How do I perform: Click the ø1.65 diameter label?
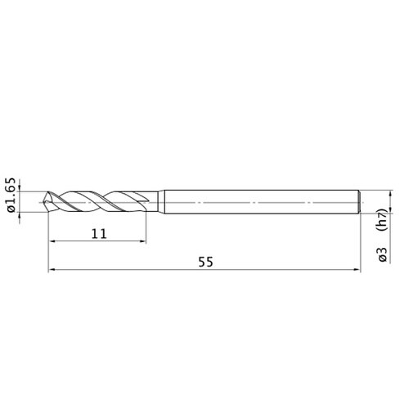pyautogui.click(x=11, y=196)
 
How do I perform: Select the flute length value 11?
pyautogui.click(x=99, y=234)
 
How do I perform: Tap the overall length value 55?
pyautogui.click(x=205, y=262)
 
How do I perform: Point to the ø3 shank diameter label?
pyautogui.click(x=383, y=254)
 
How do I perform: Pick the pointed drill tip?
pyautogui.click(x=45, y=202)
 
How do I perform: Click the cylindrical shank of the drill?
pyautogui.click(x=261, y=202)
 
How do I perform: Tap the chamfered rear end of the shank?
pyautogui.click(x=360, y=202)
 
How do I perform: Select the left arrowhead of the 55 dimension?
pyautogui.click(x=52, y=270)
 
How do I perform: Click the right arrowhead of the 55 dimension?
pyautogui.click(x=357, y=270)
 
